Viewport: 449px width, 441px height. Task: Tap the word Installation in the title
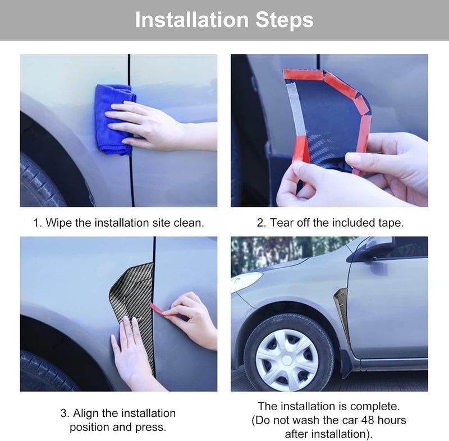[x=191, y=20]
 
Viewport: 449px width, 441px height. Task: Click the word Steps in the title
[x=285, y=20]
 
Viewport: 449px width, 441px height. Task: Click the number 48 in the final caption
[x=368, y=420]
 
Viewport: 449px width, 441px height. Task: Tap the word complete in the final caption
[x=375, y=406]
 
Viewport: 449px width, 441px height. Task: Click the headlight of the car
[x=246, y=281]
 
